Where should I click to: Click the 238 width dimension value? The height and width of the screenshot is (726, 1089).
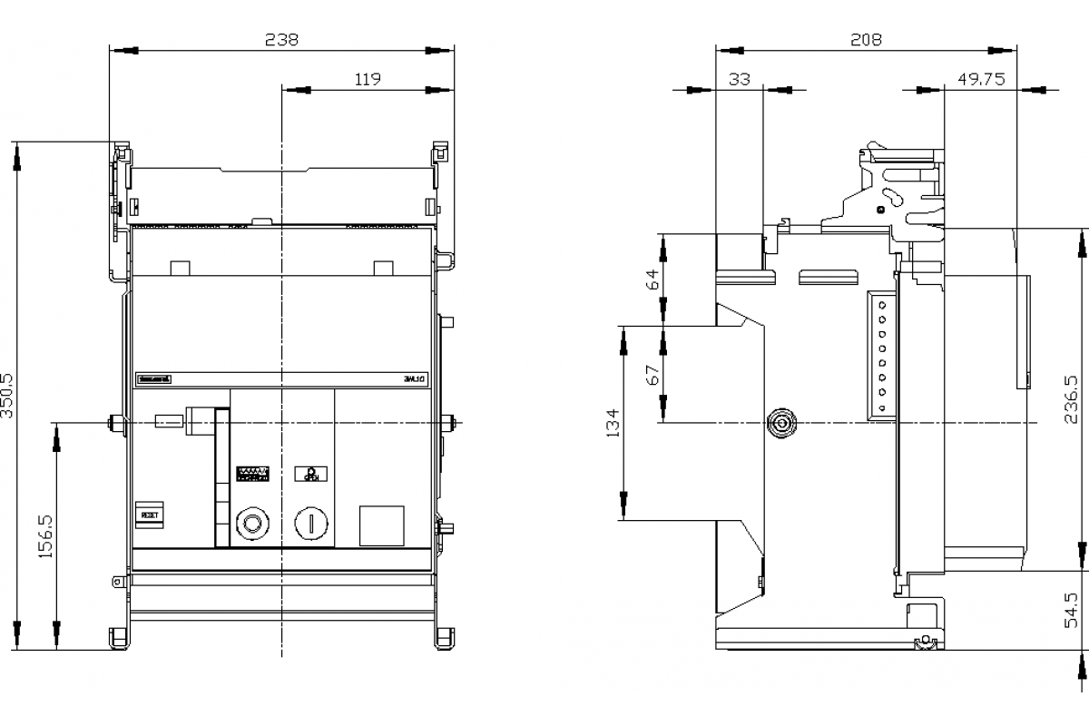[x=281, y=40]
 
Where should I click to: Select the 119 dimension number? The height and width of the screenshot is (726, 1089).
[x=367, y=79]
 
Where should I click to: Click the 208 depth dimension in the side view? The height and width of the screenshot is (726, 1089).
[x=866, y=40]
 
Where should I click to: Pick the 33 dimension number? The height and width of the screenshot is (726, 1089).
[x=740, y=79]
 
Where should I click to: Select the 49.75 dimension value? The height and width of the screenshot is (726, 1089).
[x=981, y=79]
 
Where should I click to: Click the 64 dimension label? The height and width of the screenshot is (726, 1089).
[x=652, y=279]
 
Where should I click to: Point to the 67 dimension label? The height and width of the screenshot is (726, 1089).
[x=652, y=374]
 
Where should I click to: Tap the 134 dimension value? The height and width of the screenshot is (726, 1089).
[x=613, y=424]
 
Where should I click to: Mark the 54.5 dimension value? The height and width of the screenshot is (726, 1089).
[x=1071, y=610]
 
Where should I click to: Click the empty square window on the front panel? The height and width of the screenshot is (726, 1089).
[x=381, y=525]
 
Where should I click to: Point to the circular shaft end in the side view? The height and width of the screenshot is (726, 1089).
[x=780, y=423]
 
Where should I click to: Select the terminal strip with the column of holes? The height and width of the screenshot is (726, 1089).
[x=880, y=355]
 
